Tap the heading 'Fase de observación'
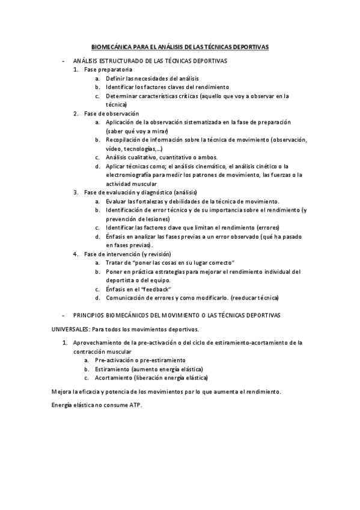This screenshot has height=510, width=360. (111, 113)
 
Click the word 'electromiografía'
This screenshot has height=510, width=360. (127, 175)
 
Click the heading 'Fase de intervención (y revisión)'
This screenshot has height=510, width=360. (127, 254)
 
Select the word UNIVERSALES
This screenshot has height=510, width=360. (71, 329)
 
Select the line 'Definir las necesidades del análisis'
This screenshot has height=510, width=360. (152, 78)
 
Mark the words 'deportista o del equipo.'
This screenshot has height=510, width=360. (138, 280)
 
